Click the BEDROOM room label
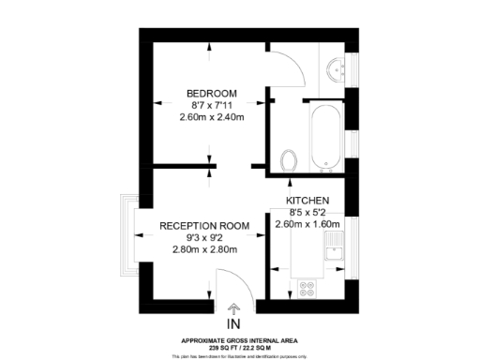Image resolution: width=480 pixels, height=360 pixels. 211,93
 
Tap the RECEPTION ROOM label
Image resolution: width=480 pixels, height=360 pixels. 204,226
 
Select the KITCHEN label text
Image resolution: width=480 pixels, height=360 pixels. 307,202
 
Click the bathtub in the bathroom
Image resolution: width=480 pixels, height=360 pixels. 325,138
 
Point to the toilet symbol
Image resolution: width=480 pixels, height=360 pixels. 289,160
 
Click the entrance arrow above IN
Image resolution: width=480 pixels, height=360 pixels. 233,308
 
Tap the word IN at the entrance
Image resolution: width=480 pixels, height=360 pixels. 233,326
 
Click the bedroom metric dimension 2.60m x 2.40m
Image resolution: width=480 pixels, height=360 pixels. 211,117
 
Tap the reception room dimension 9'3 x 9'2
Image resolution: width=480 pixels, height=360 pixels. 204,238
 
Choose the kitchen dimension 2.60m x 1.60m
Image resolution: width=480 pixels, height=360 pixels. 307,225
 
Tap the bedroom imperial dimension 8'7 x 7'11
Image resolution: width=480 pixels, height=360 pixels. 211,105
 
